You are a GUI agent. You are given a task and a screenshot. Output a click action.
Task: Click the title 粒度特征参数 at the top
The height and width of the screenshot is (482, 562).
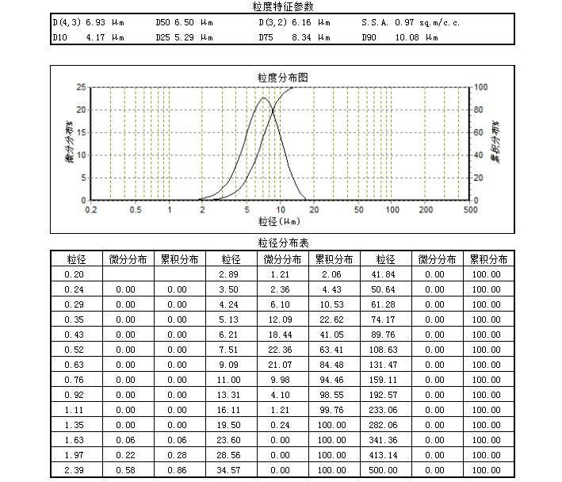(x=281, y=6)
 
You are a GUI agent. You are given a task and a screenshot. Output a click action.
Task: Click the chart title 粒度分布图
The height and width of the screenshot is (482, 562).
(x=282, y=78)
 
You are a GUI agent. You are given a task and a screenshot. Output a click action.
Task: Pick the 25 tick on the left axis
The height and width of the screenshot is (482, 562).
(x=81, y=87)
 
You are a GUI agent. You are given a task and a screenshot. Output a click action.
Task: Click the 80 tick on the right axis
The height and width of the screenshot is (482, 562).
(x=478, y=109)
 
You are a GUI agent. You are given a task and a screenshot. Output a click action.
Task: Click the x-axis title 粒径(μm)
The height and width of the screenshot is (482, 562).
(x=281, y=221)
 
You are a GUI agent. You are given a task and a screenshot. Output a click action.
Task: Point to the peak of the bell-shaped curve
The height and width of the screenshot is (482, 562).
(x=264, y=98)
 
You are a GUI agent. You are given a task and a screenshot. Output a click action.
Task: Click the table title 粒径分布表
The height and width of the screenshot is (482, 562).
(x=281, y=243)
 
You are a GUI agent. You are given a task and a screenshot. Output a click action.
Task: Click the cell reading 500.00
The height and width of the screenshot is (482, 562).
(x=385, y=472)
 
